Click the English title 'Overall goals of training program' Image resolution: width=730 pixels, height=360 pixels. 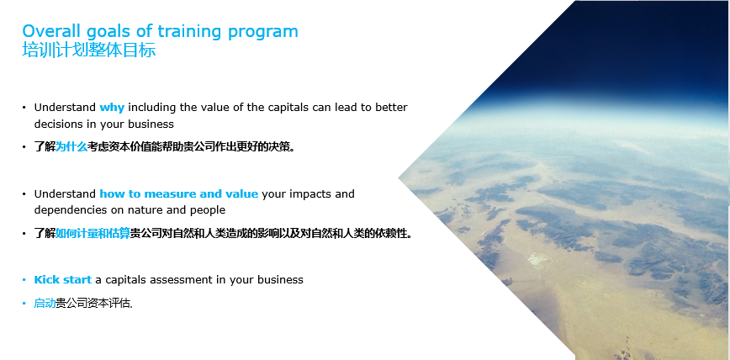click(x=160, y=32)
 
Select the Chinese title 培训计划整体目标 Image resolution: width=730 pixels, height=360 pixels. click(x=89, y=50)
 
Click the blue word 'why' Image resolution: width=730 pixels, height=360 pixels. click(x=112, y=108)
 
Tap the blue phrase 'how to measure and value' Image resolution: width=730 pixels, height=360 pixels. click(x=179, y=193)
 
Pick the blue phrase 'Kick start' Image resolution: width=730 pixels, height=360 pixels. click(x=63, y=280)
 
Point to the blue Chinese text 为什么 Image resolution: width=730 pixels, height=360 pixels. click(x=71, y=147)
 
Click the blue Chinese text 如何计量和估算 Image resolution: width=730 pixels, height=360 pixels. click(x=93, y=233)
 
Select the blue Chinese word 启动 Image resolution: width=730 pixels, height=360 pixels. click(x=45, y=304)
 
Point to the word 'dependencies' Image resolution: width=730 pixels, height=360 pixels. click(x=71, y=210)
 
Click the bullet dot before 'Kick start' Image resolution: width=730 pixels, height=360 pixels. click(x=24, y=280)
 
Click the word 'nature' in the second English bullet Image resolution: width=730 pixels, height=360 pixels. click(x=145, y=210)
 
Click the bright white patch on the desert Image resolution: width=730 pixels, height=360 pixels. click(x=537, y=259)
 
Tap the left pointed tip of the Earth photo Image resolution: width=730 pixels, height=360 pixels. click(x=399, y=178)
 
